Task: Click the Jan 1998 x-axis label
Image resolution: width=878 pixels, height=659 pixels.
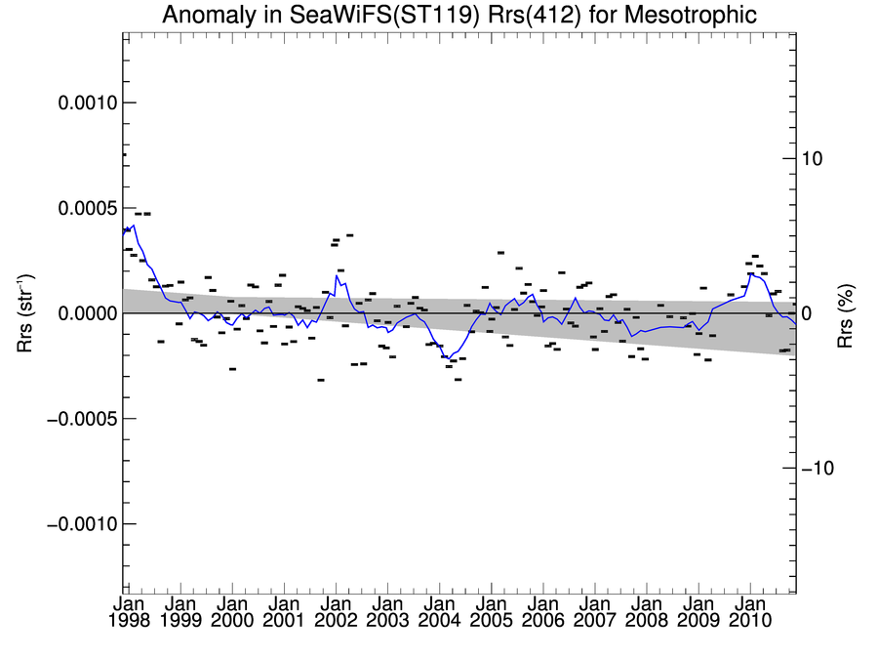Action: [125, 612]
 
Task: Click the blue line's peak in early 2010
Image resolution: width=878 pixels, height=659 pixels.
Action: [750, 274]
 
